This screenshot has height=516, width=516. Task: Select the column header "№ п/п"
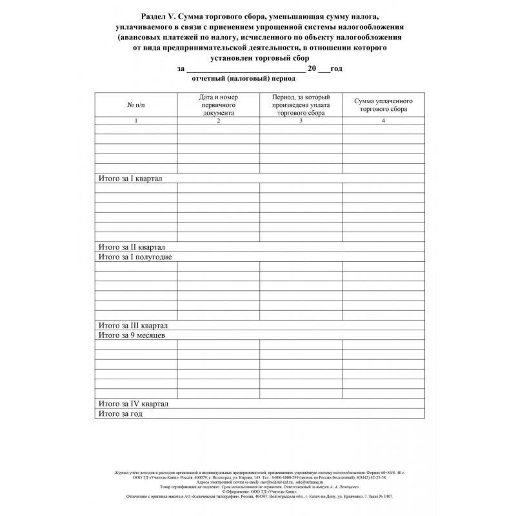[136, 104]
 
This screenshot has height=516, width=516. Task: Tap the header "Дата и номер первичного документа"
[219, 104]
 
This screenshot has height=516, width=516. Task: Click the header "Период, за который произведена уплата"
[301, 104]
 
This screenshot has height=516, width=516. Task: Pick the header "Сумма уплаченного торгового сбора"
[383, 106]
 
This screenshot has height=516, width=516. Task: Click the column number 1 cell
[136, 121]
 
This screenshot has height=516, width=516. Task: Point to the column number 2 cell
[219, 121]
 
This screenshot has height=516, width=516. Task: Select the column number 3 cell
[301, 121]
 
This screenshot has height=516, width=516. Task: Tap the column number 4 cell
[383, 121]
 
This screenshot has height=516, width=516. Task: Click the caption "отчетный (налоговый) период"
[243, 79]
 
